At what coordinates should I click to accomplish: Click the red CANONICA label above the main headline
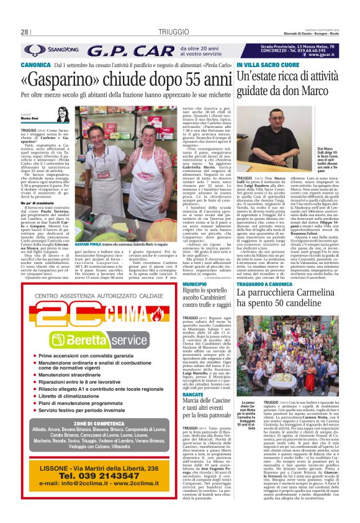click(35, 64)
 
